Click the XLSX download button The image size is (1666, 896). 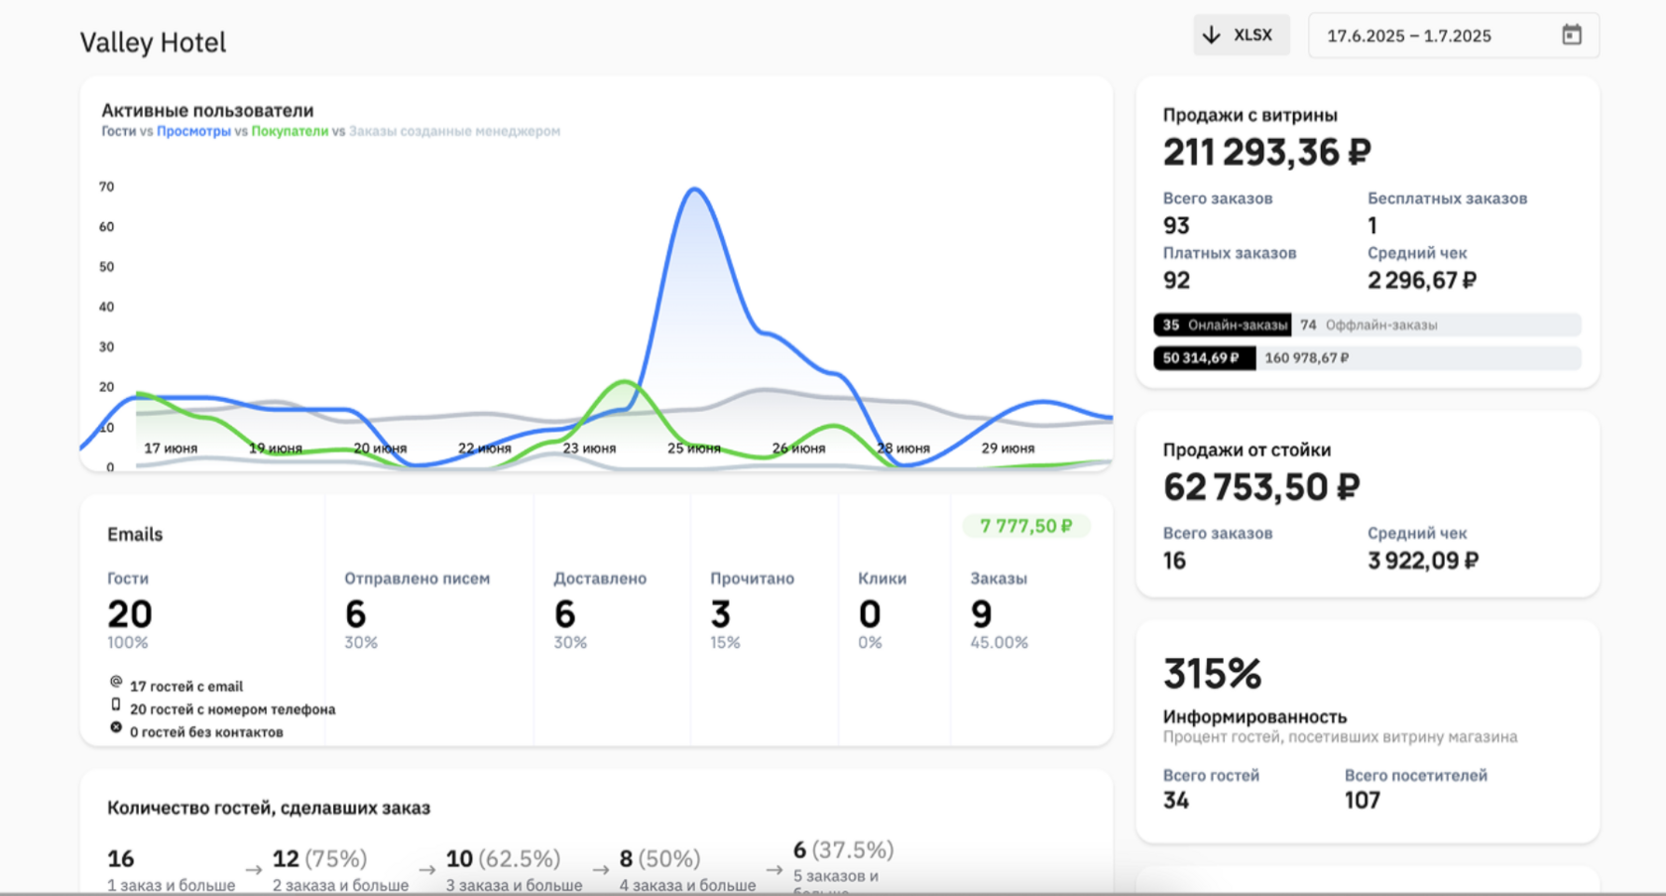click(1241, 35)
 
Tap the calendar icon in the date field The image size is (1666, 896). click(1571, 35)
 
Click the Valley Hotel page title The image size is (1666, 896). click(153, 43)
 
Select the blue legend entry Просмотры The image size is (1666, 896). click(193, 131)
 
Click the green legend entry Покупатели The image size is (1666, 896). click(290, 131)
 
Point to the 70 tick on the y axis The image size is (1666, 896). click(106, 187)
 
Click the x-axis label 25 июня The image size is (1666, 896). click(693, 448)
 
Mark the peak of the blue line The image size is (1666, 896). click(694, 189)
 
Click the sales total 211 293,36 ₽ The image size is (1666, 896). click(1266, 152)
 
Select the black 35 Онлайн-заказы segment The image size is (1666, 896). click(1223, 324)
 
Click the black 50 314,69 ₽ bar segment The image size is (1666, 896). click(1204, 358)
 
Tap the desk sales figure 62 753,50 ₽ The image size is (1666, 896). click(1260, 487)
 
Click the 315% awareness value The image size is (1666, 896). click(1212, 674)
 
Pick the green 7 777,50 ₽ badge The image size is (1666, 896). click(1025, 526)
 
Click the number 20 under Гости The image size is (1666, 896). click(130, 614)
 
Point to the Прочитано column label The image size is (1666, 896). click(752, 578)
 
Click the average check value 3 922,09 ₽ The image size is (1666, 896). click(1422, 561)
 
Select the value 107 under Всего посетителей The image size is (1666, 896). click(1362, 800)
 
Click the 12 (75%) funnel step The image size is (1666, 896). click(319, 858)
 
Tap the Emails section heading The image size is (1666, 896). click(135, 534)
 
